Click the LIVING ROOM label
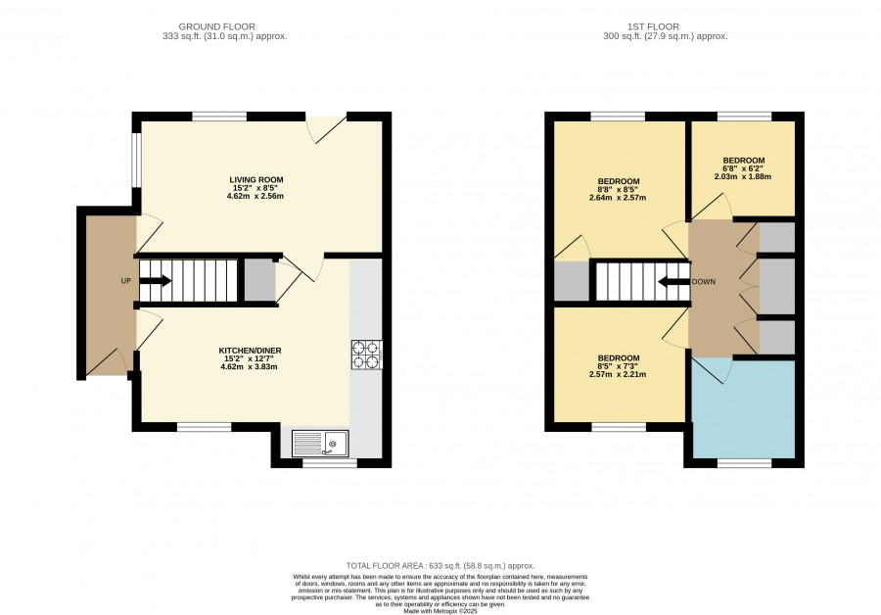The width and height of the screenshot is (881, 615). pos(256,180)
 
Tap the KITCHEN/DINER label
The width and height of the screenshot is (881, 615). pos(249,351)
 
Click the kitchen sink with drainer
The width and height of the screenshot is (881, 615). pos(320,444)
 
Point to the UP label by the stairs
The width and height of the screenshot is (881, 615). pos(126,280)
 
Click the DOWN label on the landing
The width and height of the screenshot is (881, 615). pos(704,282)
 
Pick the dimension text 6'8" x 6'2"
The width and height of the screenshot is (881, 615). pos(743,168)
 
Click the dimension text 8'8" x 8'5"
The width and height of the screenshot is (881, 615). pos(618,189)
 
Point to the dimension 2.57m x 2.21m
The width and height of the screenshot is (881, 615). pos(618,374)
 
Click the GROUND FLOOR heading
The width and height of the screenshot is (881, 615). pos(217,26)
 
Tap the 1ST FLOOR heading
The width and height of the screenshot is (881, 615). pos(654,26)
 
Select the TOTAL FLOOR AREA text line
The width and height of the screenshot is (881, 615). pos(440,566)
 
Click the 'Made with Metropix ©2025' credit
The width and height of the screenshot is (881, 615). pos(440,611)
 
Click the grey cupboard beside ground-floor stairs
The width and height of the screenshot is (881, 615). pos(259,280)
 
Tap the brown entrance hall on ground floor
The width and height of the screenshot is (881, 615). pos(111,295)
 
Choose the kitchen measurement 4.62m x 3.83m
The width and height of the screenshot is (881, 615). pos(249,366)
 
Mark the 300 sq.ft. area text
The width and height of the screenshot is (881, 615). pos(666,36)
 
